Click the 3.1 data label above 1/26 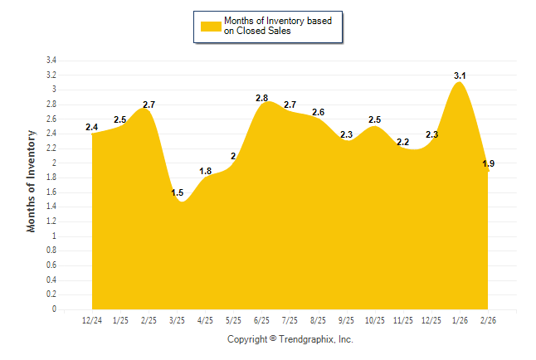(460, 75)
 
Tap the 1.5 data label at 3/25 (178, 192)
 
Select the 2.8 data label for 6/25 (262, 98)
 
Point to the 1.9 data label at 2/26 (489, 163)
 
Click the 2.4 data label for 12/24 (92, 127)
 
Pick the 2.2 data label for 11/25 (403, 142)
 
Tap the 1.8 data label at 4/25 (206, 171)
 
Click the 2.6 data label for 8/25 (319, 112)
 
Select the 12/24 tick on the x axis (92, 319)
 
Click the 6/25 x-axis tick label (261, 319)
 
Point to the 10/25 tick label (375, 319)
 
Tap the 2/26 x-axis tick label (488, 319)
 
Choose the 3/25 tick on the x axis (177, 319)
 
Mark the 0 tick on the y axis (54, 309)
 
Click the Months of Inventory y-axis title (32, 181)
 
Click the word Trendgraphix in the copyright (307, 339)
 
